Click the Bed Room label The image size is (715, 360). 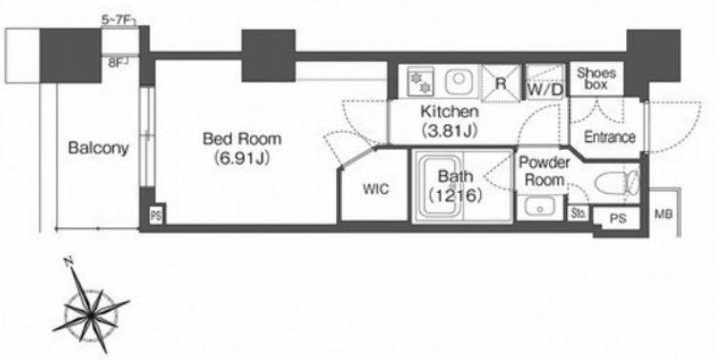242,138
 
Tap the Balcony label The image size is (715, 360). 98,148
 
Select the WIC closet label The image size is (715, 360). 376,188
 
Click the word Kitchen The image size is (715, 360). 450,111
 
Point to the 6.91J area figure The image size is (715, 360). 242,159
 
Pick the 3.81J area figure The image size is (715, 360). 450,131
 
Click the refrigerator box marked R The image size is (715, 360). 500,83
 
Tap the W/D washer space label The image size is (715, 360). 545,91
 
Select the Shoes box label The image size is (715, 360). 596,78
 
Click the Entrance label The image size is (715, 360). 610,137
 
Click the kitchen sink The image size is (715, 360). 458,81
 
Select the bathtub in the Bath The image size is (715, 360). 439,186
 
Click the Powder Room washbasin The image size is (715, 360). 540,207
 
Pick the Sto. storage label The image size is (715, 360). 578,214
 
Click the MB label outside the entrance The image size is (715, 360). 663,214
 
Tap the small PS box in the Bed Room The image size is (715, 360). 156,216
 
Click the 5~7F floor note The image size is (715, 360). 117,20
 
